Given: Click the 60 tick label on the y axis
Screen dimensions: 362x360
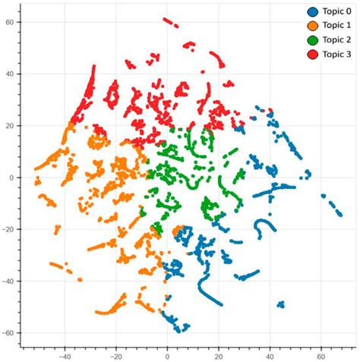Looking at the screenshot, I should click(11, 22).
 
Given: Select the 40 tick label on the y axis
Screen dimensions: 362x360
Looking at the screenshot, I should click(11, 74).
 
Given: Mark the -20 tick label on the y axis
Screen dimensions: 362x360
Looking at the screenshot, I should click(9, 229).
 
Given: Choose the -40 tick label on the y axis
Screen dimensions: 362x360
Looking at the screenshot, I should click(9, 281).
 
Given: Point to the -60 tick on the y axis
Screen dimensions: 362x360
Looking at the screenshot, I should click(9, 332).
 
